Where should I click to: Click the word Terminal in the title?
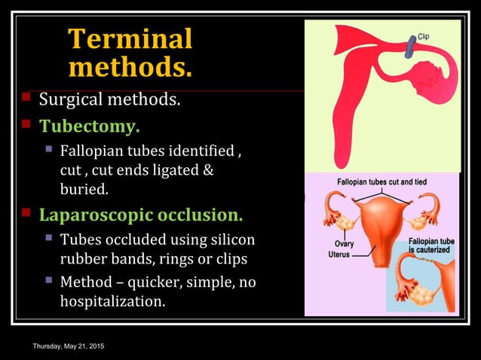click(x=130, y=39)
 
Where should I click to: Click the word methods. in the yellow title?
click(x=130, y=68)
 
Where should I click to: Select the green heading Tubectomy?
click(x=89, y=125)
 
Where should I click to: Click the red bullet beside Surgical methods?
click(x=26, y=97)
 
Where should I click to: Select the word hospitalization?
click(x=112, y=302)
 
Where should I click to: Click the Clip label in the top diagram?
click(x=424, y=37)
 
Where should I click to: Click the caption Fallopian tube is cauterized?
click(x=431, y=245)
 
